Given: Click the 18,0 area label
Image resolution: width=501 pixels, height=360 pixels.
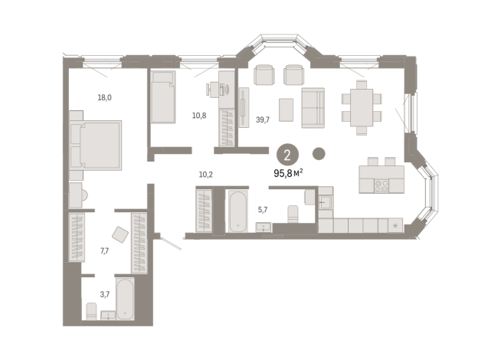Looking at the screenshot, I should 104,97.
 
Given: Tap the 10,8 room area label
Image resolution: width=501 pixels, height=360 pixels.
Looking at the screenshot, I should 198,116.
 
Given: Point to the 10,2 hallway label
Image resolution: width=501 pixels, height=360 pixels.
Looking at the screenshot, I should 205,174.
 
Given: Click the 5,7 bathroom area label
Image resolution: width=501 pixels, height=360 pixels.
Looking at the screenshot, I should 262,208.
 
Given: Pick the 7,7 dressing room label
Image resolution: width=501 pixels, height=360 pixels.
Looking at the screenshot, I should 106,250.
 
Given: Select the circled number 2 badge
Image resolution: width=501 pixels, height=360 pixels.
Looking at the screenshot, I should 287,155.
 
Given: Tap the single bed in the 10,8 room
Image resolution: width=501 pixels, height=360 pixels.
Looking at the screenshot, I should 163,97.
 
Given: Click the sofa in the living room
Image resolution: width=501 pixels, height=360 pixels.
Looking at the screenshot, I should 313,108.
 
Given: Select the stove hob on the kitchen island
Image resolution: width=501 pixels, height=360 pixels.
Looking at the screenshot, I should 383,185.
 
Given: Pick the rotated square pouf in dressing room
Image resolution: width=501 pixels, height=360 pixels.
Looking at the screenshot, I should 120,234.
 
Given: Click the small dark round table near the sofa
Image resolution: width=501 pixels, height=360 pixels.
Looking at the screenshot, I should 319,152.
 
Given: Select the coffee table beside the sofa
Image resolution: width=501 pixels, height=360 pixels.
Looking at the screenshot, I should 286,110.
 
